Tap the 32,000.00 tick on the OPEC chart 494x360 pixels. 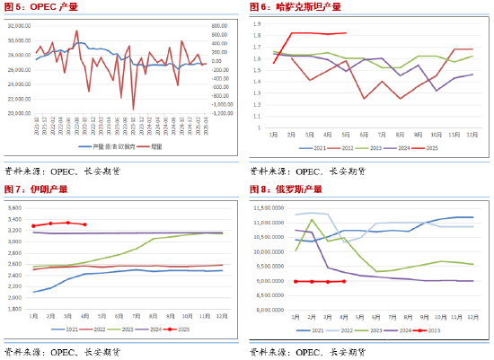19,28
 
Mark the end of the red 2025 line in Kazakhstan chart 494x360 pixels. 347,33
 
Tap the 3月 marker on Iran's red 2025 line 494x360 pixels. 67,222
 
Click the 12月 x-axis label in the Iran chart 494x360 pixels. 221,315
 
